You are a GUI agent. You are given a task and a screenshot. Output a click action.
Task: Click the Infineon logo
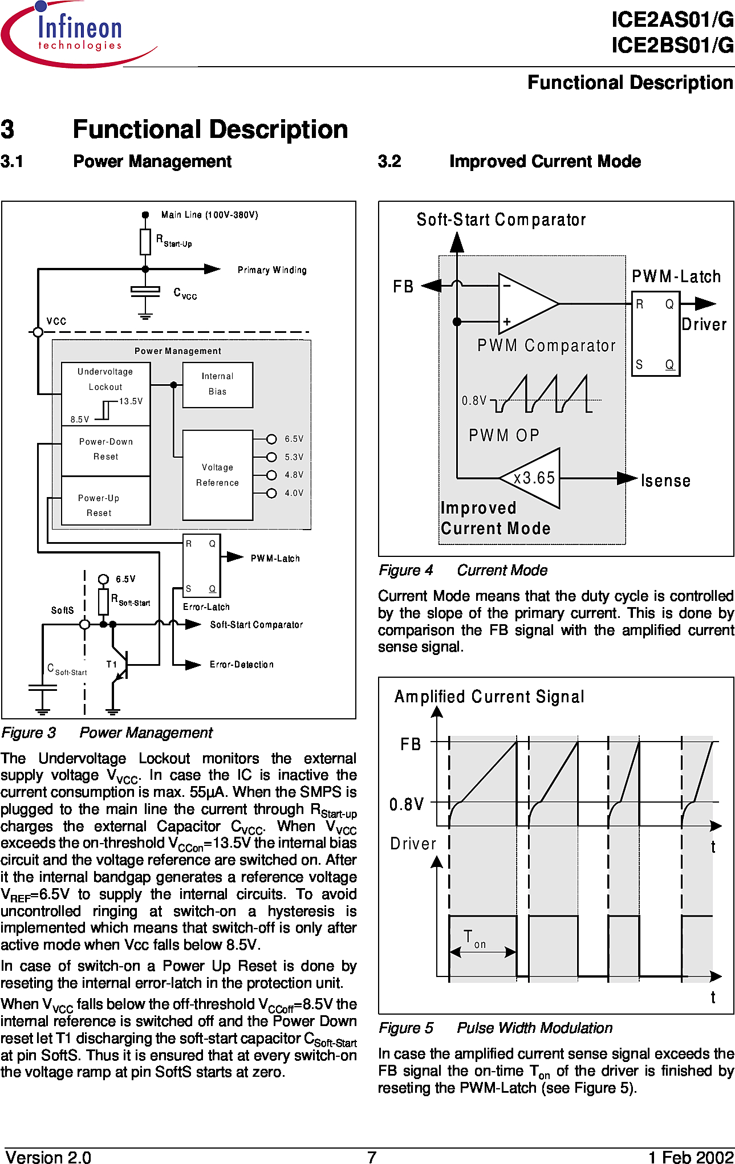pyautogui.click(x=79, y=34)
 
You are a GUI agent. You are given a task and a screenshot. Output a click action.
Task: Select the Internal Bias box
pyautogui.click(x=217, y=385)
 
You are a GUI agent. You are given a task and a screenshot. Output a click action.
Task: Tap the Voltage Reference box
pyautogui.click(x=217, y=475)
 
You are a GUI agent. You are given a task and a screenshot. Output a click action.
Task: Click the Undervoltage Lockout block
pyautogui.click(x=105, y=394)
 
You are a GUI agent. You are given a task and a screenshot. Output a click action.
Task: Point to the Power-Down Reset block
pyautogui.click(x=105, y=450)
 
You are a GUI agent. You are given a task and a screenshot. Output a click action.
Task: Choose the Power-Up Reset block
pyautogui.click(x=105, y=500)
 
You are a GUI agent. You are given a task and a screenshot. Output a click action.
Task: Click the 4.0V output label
pyautogui.click(x=294, y=493)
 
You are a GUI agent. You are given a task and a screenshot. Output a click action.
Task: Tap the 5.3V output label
pyautogui.click(x=294, y=457)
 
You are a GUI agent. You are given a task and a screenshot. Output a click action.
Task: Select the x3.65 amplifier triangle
pyautogui.click(x=530, y=478)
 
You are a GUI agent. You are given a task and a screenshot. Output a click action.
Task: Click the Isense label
pyautogui.click(x=665, y=481)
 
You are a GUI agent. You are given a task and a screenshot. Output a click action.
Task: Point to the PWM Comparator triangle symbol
pyautogui.click(x=529, y=303)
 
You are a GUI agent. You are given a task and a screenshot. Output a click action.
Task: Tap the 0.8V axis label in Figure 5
pyautogui.click(x=407, y=804)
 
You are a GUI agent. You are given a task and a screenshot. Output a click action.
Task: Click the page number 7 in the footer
pyautogui.click(x=372, y=1157)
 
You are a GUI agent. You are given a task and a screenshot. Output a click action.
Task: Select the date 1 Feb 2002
pyautogui.click(x=691, y=1157)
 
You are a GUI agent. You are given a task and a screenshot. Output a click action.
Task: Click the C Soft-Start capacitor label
pyautogui.click(x=67, y=669)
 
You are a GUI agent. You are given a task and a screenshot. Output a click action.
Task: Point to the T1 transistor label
pyautogui.click(x=112, y=664)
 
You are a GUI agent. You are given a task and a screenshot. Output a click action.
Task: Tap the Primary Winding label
pyautogui.click(x=272, y=270)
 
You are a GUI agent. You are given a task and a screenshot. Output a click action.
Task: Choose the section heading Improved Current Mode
pyautogui.click(x=545, y=161)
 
